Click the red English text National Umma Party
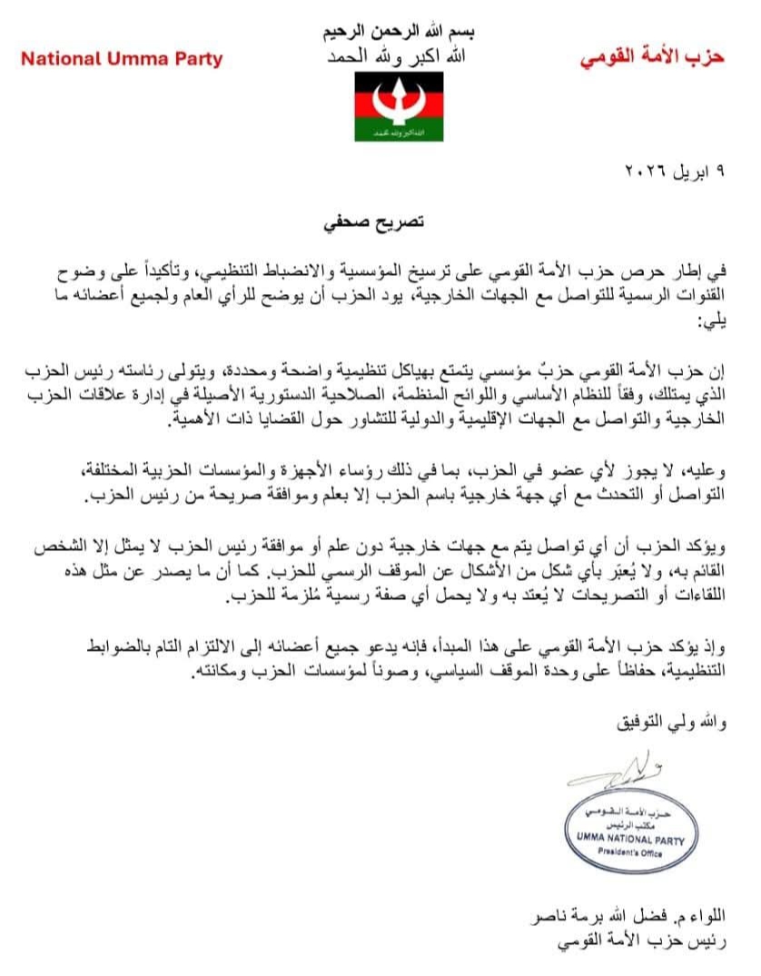point(122,60)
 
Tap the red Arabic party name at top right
point(652,58)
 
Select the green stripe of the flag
point(399,133)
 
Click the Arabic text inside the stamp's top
point(630,814)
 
